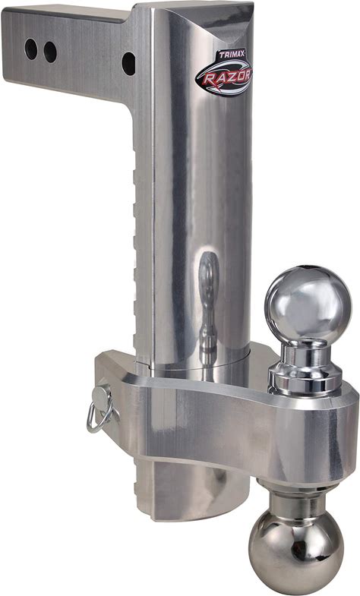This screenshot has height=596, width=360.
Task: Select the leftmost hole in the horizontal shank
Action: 31,49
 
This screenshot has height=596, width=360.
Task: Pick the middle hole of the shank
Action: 50,52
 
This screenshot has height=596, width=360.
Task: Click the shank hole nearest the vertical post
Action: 128,64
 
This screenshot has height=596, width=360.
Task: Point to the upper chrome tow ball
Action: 308,304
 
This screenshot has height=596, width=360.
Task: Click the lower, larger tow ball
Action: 295,547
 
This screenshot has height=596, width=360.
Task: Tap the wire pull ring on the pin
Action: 99,417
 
